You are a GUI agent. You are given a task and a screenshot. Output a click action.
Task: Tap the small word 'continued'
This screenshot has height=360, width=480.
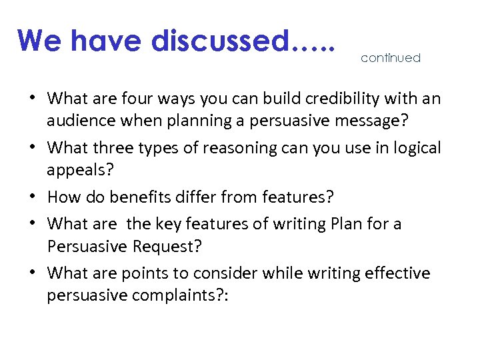(x=391, y=58)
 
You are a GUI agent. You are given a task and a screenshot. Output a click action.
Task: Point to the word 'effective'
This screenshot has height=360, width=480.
(x=398, y=273)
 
